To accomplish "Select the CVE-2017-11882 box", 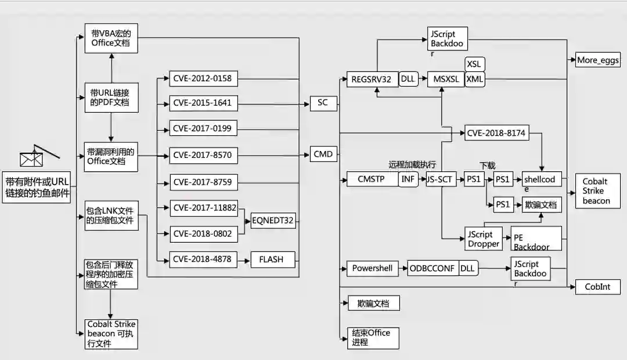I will [204, 208].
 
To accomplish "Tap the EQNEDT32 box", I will [273, 220].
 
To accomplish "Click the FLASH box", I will [273, 259].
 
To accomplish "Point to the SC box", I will [323, 103].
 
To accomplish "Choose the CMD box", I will [323, 154].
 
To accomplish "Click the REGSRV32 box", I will [372, 80].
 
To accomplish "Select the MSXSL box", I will [446, 80].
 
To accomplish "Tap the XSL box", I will [475, 64].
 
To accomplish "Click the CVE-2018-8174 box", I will [496, 133].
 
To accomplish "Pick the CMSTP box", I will [372, 179].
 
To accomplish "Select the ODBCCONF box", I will [433, 268].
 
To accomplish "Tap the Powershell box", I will [372, 268].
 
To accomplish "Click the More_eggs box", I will [598, 60].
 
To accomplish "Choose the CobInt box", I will [598, 287].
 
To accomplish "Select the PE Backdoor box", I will [536, 239].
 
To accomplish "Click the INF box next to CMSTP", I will [408, 179].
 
